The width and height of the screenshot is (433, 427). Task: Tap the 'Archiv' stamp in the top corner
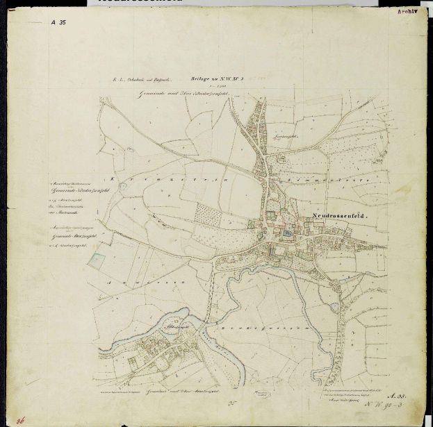pyautogui.click(x=409, y=12)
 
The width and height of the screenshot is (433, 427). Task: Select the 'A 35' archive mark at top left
pyautogui.click(x=58, y=22)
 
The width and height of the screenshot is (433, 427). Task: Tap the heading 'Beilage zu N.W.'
pyautogui.click(x=197, y=81)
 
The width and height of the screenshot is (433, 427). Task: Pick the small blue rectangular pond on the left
pyautogui.click(x=97, y=262)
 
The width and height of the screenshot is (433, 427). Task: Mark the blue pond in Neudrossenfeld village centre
pyautogui.click(x=287, y=233)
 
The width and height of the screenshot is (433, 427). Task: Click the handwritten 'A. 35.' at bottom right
pyautogui.click(x=398, y=394)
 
